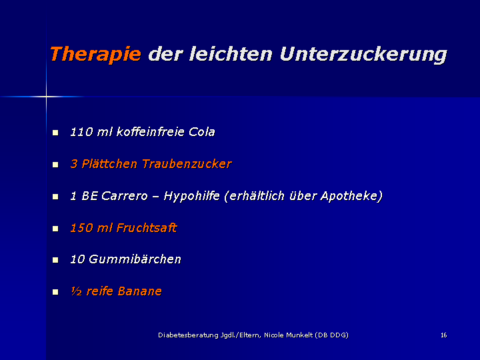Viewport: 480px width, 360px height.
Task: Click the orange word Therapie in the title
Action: click(x=95, y=54)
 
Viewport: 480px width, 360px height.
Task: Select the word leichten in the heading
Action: click(x=231, y=54)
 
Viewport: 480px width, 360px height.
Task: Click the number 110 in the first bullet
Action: click(x=81, y=132)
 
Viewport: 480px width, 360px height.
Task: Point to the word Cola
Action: click(x=202, y=132)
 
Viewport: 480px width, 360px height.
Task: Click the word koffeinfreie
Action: click(x=150, y=132)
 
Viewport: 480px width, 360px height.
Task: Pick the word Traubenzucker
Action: click(x=187, y=164)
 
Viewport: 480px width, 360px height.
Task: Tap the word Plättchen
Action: click(x=109, y=164)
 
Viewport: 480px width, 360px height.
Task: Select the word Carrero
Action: click(x=124, y=195)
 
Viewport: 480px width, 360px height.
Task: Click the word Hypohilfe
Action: click(x=191, y=195)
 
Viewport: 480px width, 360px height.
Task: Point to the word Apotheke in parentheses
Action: click(x=349, y=196)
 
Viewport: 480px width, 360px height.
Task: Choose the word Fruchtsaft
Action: click(x=147, y=227)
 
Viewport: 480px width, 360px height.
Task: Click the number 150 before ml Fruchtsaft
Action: click(x=81, y=228)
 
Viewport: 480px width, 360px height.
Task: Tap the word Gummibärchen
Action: click(x=135, y=259)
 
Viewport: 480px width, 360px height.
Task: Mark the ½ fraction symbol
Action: click(x=76, y=291)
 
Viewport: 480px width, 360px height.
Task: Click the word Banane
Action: click(x=139, y=291)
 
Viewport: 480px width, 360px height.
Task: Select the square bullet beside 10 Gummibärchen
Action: click(x=55, y=260)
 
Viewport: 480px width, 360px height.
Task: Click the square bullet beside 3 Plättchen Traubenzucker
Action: click(x=55, y=165)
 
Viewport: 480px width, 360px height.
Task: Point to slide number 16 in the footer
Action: click(x=444, y=335)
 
